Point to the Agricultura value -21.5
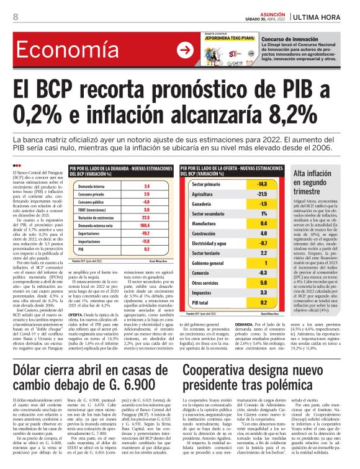[263, 194]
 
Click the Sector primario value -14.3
[263, 185]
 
